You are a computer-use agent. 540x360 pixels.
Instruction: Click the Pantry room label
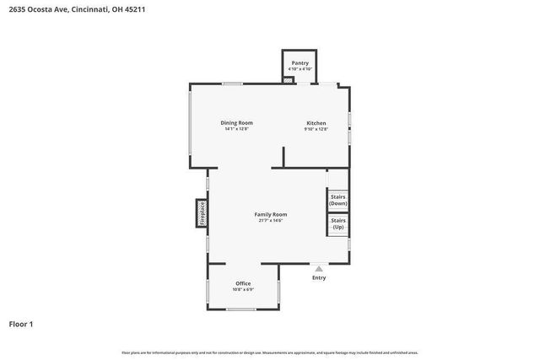[300, 63]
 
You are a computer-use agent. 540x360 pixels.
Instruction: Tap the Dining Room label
[237, 123]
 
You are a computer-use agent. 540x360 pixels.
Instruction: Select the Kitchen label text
[316, 123]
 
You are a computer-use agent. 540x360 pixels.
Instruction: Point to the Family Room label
[271, 215]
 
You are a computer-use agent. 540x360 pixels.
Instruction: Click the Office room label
[243, 283]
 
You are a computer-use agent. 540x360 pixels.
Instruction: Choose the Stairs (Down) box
[337, 200]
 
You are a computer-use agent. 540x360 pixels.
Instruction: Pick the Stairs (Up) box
[337, 224]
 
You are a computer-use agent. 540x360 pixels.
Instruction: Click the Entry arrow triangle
[319, 268]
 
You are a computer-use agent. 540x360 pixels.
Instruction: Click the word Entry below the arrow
[319, 277]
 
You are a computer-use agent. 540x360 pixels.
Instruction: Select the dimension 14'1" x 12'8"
[237, 130]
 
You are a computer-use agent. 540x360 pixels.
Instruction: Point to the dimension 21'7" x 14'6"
[271, 221]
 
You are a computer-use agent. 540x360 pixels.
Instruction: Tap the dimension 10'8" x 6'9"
[243, 289]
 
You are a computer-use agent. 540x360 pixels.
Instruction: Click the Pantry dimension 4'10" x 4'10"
[300, 69]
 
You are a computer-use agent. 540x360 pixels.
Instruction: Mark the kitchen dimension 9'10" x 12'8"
[316, 130]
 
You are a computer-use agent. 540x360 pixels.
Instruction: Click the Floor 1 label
[21, 324]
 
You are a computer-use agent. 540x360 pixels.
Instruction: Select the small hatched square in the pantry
[289, 81]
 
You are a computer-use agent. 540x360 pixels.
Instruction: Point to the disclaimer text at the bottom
[270, 352]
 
